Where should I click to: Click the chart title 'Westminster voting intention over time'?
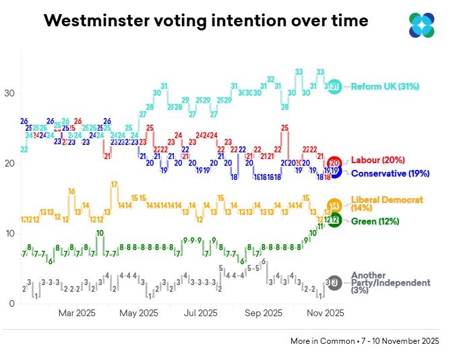point(206,21)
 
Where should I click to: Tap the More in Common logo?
point(422,25)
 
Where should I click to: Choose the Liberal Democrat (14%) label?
point(387,204)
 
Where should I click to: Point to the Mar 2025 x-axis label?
point(76,313)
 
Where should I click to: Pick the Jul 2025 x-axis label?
point(200,313)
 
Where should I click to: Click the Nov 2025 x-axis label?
point(325,313)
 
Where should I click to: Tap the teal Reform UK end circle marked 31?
point(335,86)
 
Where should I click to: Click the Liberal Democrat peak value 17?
point(115,185)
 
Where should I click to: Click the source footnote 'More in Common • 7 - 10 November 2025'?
point(365,341)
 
